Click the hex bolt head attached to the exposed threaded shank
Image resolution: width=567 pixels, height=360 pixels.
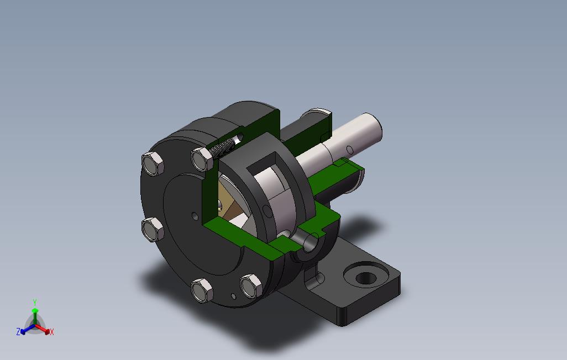pos(202,159)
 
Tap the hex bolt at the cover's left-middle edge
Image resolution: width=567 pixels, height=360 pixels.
pos(153,229)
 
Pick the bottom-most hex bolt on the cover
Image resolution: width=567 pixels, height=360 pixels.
pos(202,290)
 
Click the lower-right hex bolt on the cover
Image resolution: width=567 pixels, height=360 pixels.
pos(251,286)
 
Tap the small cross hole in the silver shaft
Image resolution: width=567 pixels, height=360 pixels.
pos(350,150)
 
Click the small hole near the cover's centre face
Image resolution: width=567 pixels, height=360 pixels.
pos(195,216)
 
